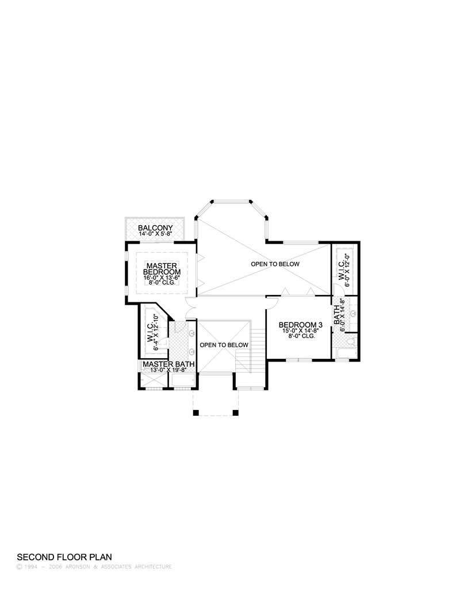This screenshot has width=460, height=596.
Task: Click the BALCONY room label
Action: pyautogui.click(x=155, y=228)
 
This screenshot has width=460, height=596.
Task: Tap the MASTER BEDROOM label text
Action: pyautogui.click(x=162, y=269)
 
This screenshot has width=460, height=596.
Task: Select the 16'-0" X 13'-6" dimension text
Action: pyautogui.click(x=161, y=278)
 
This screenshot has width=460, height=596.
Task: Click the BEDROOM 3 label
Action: pyautogui.click(x=300, y=325)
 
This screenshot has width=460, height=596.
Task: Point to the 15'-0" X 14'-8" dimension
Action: pyautogui.click(x=300, y=331)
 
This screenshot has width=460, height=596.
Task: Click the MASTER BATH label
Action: pyautogui.click(x=168, y=364)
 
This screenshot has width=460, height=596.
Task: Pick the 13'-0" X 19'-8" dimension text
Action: pyautogui.click(x=168, y=370)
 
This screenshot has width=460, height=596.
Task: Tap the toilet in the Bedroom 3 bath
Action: pyautogui.click(x=350, y=341)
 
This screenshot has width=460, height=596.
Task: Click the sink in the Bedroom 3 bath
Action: pyautogui.click(x=353, y=314)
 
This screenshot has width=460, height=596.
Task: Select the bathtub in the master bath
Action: pyautogui.click(x=183, y=380)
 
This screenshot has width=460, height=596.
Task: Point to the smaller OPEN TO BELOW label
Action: pyautogui.click(x=224, y=345)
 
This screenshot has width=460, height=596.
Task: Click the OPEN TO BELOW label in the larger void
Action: pyautogui.click(x=275, y=264)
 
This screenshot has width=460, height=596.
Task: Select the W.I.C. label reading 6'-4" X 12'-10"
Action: pyautogui.click(x=152, y=332)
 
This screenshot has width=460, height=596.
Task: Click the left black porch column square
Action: pyautogui.click(x=196, y=413)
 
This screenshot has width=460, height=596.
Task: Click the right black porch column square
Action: pyautogui.click(x=235, y=413)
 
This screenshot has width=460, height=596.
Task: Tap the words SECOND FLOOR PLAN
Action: pyautogui.click(x=64, y=557)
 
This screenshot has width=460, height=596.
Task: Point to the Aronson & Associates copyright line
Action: pyautogui.click(x=94, y=567)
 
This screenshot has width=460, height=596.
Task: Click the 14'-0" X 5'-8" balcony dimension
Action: pyautogui.click(x=156, y=234)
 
